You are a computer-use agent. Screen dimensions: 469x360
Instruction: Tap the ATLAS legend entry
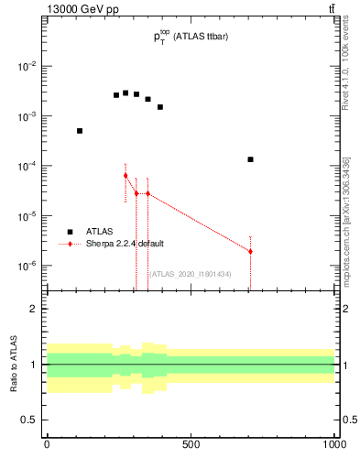click(x=98, y=232)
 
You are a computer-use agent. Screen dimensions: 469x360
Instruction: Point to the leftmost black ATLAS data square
click(x=80, y=131)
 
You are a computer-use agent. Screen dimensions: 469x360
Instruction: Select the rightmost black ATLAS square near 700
click(x=250, y=159)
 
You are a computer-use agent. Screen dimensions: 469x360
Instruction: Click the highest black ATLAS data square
click(x=125, y=93)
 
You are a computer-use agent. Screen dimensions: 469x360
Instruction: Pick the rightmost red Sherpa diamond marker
click(x=250, y=251)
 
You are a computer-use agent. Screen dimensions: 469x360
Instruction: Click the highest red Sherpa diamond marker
click(x=125, y=175)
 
